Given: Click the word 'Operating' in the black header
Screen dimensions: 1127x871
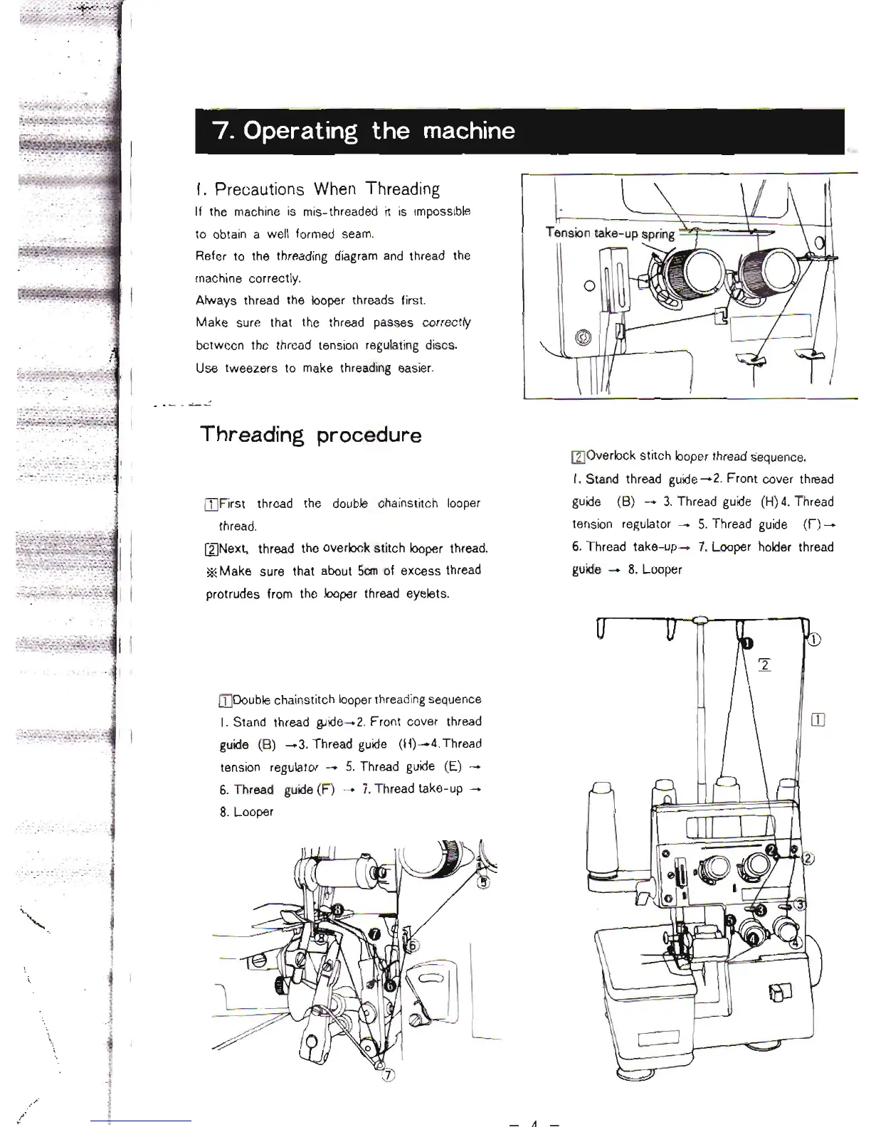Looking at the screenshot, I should [x=300, y=132].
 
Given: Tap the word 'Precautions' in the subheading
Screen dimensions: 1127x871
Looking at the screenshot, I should [x=259, y=189].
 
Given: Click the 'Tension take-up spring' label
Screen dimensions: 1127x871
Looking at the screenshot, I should [x=610, y=233].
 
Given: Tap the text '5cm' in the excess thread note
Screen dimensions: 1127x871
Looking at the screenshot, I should [x=367, y=571].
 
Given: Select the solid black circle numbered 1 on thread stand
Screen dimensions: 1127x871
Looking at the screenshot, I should [x=746, y=643].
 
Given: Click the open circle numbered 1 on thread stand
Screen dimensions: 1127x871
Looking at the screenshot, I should [x=814, y=638].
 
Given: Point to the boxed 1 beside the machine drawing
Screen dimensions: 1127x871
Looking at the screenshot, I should [x=818, y=720].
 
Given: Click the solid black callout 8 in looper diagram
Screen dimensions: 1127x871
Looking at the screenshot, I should [x=339, y=909].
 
